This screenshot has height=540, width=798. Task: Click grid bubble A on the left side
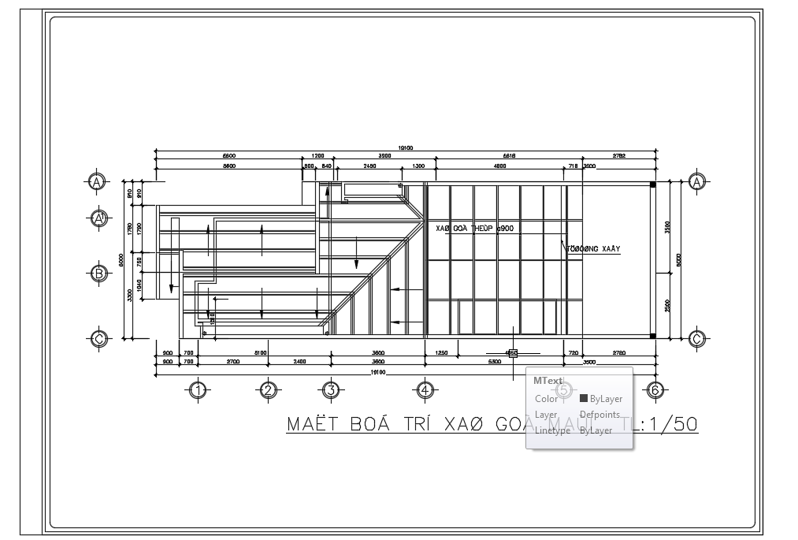[97, 182]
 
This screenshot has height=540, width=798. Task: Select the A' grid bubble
[98, 218]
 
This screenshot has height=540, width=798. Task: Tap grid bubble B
[97, 274]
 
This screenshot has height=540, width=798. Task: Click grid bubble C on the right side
[696, 339]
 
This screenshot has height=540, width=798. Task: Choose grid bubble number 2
[268, 389]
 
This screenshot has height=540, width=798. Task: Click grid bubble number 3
[331, 389]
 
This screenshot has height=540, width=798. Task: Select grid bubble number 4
[424, 389]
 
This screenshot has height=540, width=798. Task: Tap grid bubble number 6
[654, 389]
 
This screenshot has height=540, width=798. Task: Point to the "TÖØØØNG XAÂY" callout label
[594, 249]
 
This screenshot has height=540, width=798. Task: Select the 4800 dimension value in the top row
[499, 166]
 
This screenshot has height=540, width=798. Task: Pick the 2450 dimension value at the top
[369, 166]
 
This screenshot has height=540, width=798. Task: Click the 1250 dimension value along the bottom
[441, 353]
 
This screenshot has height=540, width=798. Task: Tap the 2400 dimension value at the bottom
[300, 362]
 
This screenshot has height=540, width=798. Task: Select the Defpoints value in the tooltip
[599, 415]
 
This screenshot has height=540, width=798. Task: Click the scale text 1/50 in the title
[670, 424]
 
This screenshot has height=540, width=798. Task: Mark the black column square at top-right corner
[652, 184]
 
